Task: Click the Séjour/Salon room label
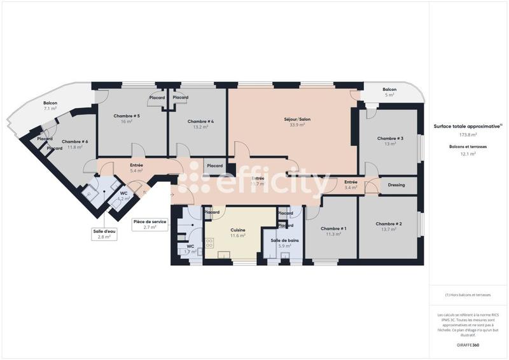click(297, 119)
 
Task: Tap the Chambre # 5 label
click(127, 116)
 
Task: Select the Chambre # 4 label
click(200, 121)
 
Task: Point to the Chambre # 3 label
click(390, 138)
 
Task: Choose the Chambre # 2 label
click(389, 224)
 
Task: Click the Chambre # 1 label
click(333, 228)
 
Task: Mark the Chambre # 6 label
click(75, 142)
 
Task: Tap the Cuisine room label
click(239, 230)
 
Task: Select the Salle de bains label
click(284, 240)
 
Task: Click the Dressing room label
click(396, 185)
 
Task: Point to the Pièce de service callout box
click(150, 225)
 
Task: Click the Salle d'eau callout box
click(104, 233)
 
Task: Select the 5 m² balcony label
click(390, 95)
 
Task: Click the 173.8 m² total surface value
click(468, 135)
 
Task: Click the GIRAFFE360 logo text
click(467, 343)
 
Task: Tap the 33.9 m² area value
click(297, 125)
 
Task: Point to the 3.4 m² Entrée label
click(351, 185)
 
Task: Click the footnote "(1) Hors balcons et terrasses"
click(468, 295)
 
